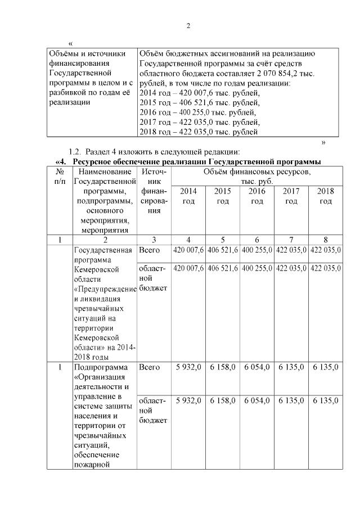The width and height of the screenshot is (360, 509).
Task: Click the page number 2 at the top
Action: pyautogui.click(x=188, y=25)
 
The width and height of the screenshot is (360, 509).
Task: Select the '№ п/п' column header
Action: pyautogui.click(x=60, y=176)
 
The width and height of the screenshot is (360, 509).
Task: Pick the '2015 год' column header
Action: pyautogui.click(x=222, y=196)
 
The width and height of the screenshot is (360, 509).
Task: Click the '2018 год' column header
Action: pyautogui.click(x=325, y=196)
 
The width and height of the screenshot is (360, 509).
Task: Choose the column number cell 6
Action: pyautogui.click(x=256, y=240)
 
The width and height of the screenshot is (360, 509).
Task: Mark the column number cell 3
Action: pyautogui.click(x=154, y=240)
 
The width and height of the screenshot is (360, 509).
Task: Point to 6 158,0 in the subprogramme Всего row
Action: pyautogui.click(x=222, y=367)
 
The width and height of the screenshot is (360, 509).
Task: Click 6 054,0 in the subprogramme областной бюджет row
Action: pyautogui.click(x=256, y=400)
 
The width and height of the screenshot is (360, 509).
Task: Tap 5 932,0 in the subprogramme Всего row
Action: pyautogui.click(x=188, y=367)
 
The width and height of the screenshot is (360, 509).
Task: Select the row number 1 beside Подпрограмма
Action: pyautogui.click(x=60, y=367)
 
